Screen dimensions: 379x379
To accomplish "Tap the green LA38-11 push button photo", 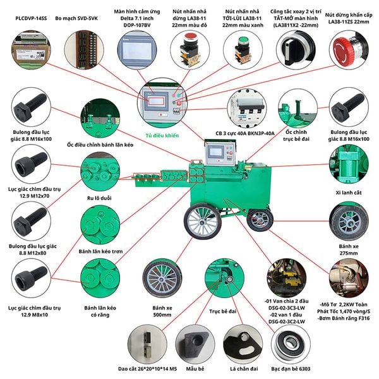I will click(242, 49).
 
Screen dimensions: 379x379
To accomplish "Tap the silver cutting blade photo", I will click(148, 343).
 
